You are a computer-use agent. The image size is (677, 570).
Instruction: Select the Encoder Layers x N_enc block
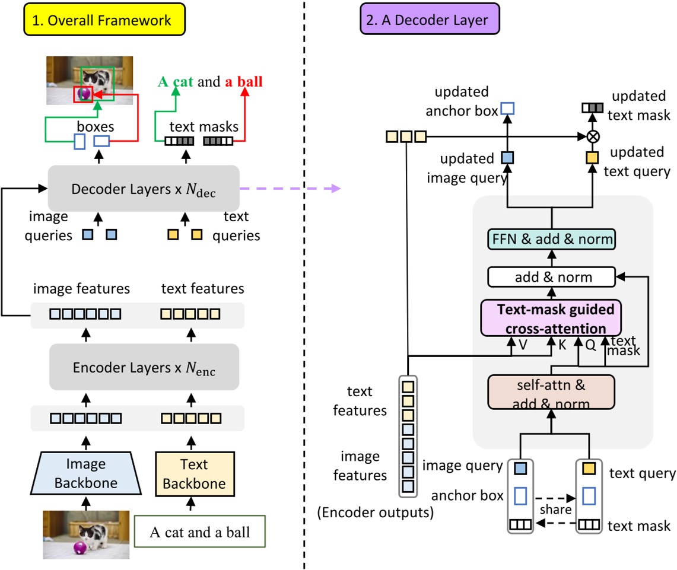[144, 367]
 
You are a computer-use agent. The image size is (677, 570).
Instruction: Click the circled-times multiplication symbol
[592, 137]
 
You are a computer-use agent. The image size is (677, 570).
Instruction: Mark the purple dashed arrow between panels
[291, 189]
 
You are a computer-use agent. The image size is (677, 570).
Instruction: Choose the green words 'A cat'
[175, 82]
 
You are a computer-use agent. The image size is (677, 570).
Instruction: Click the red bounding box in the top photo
[83, 94]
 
